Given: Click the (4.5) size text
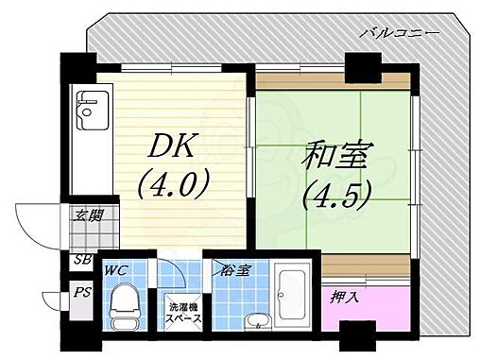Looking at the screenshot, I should pos(336,192).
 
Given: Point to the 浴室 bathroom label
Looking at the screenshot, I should pos(236,272).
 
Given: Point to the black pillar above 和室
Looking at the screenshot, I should pos(361,67).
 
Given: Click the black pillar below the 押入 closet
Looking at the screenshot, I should pos(356,335).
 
